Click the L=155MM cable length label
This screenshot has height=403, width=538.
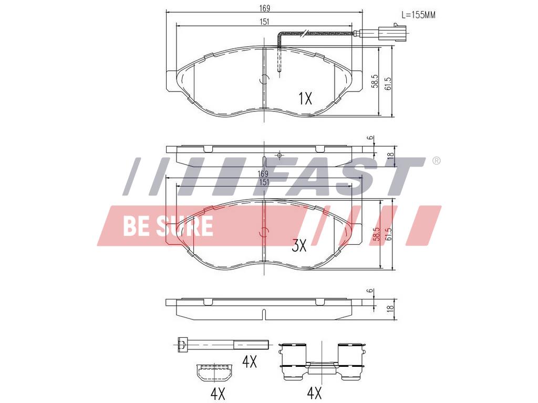[418, 15]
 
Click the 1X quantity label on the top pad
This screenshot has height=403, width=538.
[305, 99]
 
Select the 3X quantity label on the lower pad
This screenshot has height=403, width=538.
[299, 245]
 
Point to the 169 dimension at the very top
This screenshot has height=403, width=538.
[264, 8]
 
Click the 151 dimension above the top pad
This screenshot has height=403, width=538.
[264, 22]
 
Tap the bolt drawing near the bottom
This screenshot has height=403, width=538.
[223, 344]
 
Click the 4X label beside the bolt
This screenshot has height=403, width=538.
[250, 361]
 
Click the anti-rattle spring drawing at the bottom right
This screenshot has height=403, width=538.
[322, 361]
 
